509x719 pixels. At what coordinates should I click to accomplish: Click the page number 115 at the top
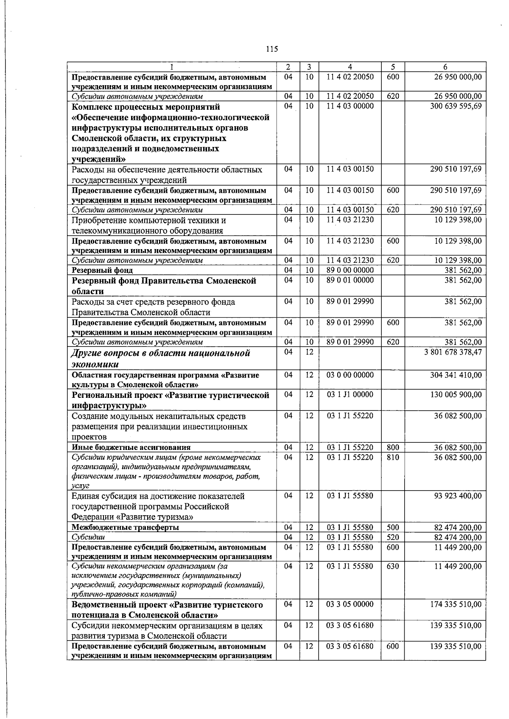pos(272,49)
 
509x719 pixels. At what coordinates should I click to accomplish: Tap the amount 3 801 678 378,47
pos(453,352)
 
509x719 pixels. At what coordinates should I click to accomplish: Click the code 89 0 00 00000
pos(350,270)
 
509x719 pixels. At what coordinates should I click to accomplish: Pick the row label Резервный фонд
pos(102,270)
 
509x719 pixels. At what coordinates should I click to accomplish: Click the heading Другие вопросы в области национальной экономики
pos(161,358)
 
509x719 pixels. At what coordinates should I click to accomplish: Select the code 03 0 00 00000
pos(350,375)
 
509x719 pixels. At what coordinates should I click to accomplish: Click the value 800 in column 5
pos(393,447)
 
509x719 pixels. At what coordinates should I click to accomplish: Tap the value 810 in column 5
pos(393,458)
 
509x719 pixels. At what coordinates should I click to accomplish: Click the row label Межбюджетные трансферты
pos(125,527)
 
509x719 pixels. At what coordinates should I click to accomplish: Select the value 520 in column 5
pos(393,538)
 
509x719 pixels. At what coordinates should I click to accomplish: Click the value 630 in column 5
pos(393,566)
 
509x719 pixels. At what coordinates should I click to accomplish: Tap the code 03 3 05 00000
pos(350,605)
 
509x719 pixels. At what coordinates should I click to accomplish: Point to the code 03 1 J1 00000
pos(350,394)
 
